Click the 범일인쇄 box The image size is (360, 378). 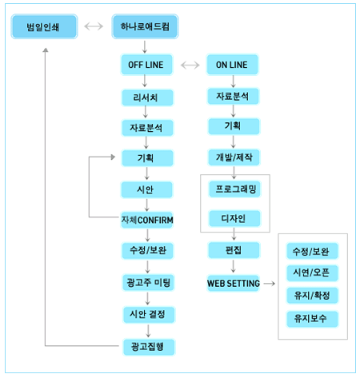[x=44, y=26]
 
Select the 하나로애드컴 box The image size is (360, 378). [x=145, y=26]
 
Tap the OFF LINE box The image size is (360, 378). [x=146, y=65]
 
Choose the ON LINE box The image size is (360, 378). [x=233, y=65]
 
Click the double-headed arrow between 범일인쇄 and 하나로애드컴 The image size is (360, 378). [x=94, y=26]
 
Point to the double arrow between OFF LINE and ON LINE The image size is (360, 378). [x=190, y=65]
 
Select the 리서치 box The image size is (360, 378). [x=147, y=97]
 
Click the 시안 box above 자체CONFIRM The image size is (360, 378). [x=146, y=189]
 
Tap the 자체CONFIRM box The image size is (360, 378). [x=147, y=220]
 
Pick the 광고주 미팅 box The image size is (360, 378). [x=148, y=282]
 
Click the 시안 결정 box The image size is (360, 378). [x=149, y=315]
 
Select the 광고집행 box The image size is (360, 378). [x=149, y=347]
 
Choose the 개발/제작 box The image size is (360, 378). [x=234, y=157]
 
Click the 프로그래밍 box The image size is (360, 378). [x=234, y=189]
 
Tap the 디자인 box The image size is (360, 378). [x=234, y=218]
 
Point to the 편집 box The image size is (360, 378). [x=234, y=250]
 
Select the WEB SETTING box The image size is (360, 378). [x=234, y=283]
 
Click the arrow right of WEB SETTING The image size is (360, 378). [x=270, y=284]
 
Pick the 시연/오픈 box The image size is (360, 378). [x=312, y=273]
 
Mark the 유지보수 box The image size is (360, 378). [x=312, y=319]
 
